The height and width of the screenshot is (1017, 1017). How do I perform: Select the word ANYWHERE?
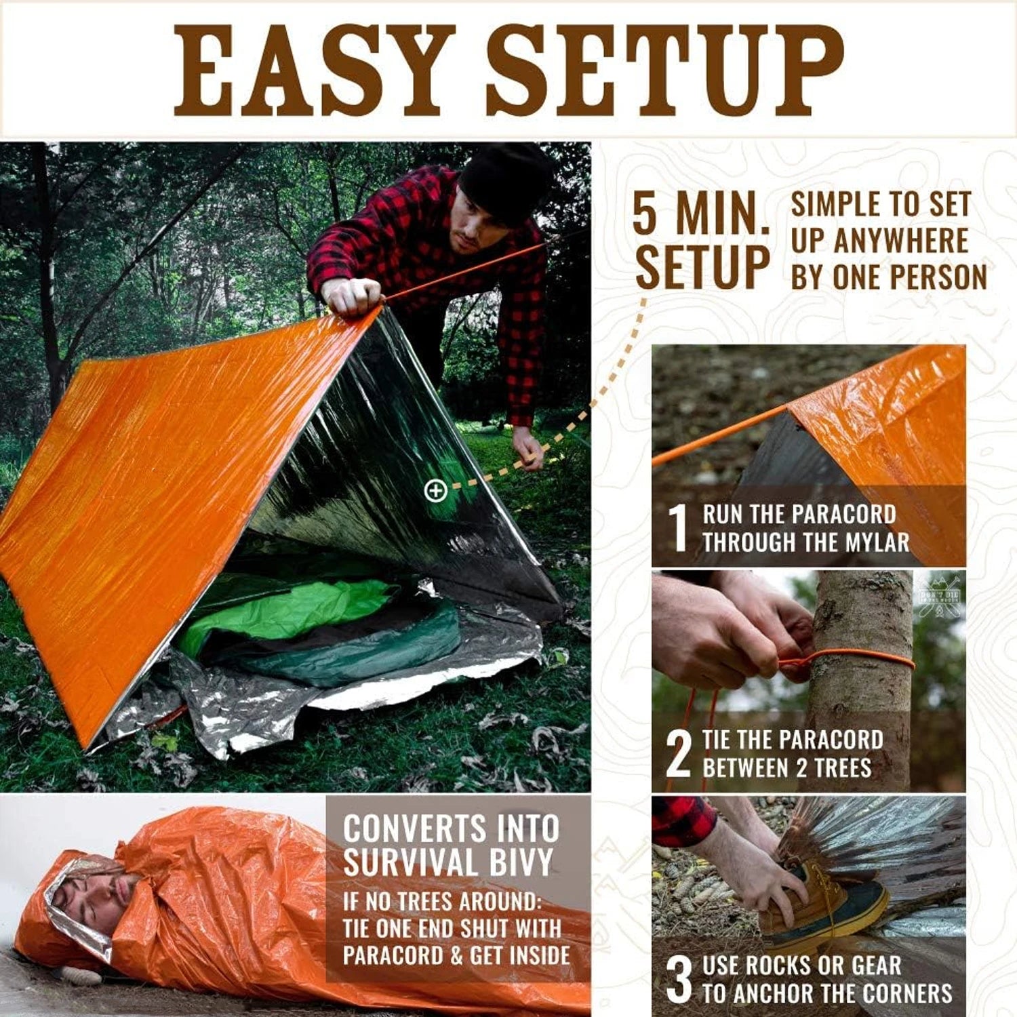click(x=901, y=241)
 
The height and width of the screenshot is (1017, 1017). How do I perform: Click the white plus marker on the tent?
click(x=435, y=490)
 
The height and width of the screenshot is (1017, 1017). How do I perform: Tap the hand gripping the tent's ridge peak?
click(x=351, y=296)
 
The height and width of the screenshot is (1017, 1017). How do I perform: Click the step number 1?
click(x=678, y=527)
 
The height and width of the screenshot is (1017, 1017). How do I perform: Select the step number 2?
click(x=678, y=754)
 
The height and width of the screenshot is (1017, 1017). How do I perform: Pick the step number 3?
click(x=679, y=979)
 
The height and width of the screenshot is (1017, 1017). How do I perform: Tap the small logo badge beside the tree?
click(x=938, y=595)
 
